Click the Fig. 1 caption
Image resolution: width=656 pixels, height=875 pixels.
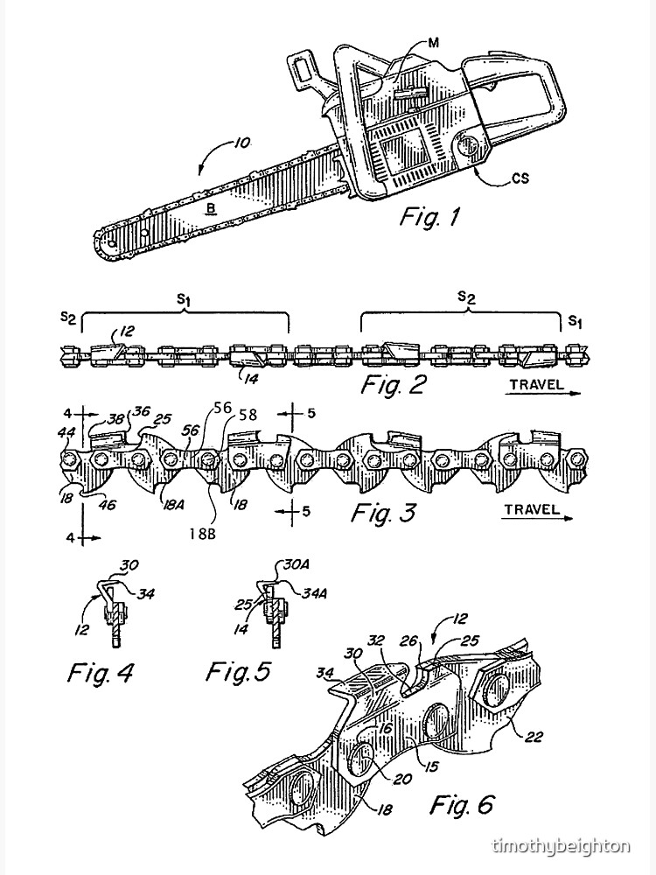[x=430, y=216]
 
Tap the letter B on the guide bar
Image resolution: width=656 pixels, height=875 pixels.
[x=211, y=207]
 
